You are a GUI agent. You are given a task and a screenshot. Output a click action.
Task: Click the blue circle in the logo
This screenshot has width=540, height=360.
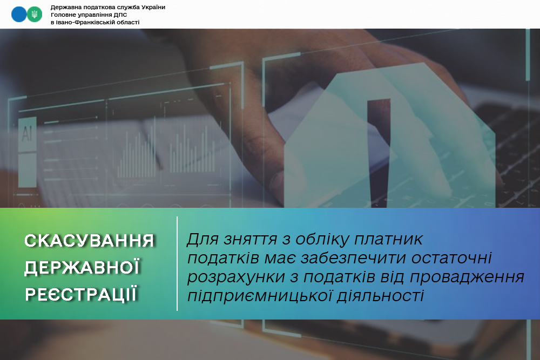(x=18, y=15)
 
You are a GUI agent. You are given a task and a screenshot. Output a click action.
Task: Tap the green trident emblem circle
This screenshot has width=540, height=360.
(x=35, y=15)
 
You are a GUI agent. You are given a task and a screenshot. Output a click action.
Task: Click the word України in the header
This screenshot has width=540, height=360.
(x=152, y=7)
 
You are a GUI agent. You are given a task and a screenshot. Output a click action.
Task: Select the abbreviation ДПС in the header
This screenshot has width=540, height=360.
(x=120, y=15)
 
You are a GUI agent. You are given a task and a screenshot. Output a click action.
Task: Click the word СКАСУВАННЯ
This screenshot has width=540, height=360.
(x=89, y=241)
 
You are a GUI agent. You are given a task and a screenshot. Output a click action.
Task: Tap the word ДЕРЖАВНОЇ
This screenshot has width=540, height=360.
(x=82, y=267)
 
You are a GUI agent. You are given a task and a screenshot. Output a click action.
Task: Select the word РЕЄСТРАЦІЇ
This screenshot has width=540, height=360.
(x=82, y=294)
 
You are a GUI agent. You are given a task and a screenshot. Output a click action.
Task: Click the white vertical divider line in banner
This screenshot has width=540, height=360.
(x=177, y=263)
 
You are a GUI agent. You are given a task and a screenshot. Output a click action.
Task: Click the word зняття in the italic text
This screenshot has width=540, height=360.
(x=251, y=239)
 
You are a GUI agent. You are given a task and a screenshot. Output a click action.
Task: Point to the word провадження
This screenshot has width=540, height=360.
(x=467, y=277)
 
